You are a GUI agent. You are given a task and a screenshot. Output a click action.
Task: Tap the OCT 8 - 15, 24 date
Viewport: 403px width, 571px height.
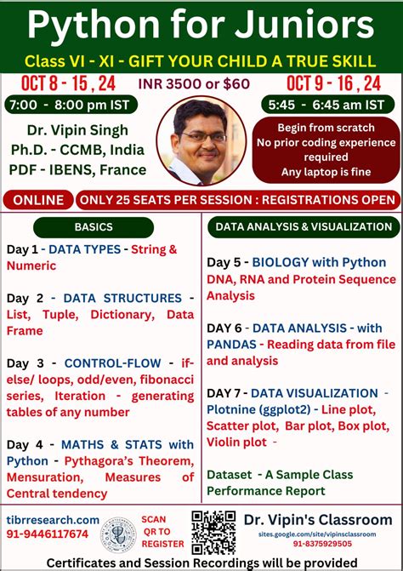[x=58, y=83]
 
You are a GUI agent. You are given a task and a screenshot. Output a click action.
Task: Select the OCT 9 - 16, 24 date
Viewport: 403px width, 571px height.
[x=333, y=83]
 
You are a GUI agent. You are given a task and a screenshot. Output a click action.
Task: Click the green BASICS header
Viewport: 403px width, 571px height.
[x=94, y=227]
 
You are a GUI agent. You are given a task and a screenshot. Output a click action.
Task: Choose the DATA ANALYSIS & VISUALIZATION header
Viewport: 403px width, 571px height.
[x=303, y=227]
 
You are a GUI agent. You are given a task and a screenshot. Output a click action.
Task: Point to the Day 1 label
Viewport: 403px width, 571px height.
[x=24, y=249]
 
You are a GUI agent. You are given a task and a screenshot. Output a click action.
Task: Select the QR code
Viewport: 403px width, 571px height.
[x=213, y=532]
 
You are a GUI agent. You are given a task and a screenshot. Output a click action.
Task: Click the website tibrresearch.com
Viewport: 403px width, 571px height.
[x=51, y=520]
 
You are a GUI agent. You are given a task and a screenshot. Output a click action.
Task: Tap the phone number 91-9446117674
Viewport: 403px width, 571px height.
[x=48, y=534]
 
